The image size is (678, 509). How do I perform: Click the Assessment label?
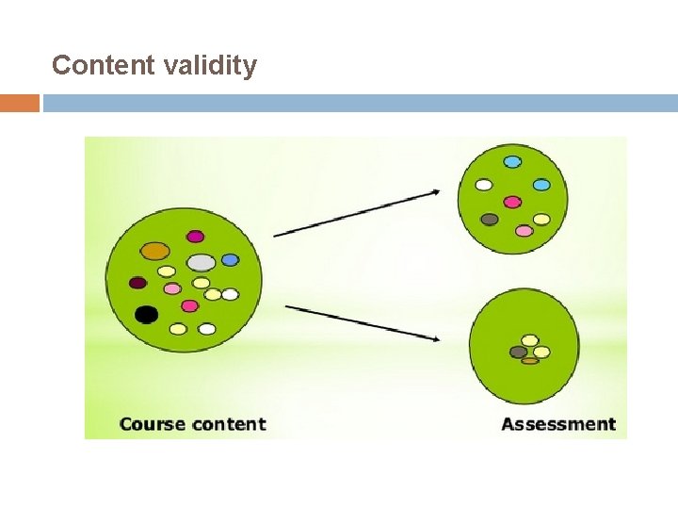point(558,424)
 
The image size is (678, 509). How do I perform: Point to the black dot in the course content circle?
point(146,314)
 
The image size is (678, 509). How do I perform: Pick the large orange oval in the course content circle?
point(155,251)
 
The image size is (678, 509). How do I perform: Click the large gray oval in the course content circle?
point(201,262)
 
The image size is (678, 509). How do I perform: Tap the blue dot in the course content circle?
point(231,260)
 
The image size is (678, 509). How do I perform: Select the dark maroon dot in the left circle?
point(138,282)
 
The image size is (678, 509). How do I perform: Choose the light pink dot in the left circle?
point(172,288)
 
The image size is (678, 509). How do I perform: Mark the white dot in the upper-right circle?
point(484,185)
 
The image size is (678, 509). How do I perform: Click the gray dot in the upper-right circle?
point(490,220)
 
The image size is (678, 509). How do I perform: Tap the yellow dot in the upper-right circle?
point(541,220)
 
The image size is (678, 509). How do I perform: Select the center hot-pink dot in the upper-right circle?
point(512,202)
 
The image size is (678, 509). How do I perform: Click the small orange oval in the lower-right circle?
point(530,360)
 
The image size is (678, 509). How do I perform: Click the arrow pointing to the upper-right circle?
point(357,213)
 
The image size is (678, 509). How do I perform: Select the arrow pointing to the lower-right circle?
point(363,321)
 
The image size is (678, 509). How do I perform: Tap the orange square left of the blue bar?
point(20,103)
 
